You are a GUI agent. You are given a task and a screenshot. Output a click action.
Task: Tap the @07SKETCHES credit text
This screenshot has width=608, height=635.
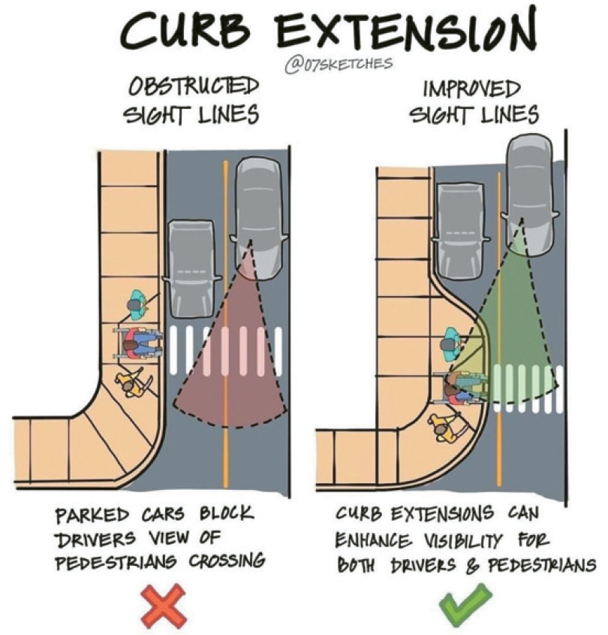[x=339, y=64]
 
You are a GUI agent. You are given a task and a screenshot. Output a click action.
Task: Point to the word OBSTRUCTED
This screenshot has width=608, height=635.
[x=194, y=86]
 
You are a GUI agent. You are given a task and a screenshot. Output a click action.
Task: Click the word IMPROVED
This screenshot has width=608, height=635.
[x=471, y=89]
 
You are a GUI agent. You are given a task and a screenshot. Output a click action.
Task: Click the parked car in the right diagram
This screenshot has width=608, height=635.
[x=461, y=230]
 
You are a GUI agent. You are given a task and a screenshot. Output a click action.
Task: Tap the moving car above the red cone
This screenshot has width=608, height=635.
[x=258, y=219]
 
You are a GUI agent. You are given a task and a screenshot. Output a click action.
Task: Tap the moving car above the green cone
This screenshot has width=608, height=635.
[x=531, y=195]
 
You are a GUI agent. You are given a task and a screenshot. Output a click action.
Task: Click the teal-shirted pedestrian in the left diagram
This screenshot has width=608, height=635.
[x=137, y=304]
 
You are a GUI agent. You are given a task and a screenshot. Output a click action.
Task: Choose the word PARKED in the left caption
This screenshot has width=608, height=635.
[x=92, y=516]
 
